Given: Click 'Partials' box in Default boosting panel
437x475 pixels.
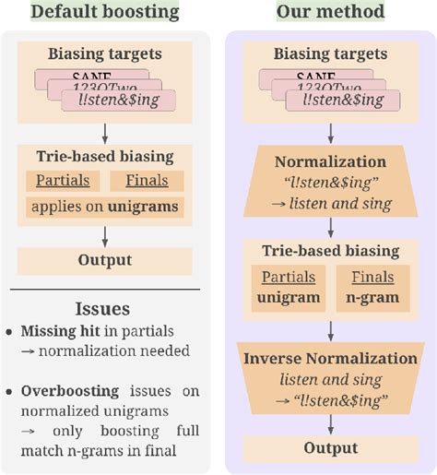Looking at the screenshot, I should click(x=57, y=181).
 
